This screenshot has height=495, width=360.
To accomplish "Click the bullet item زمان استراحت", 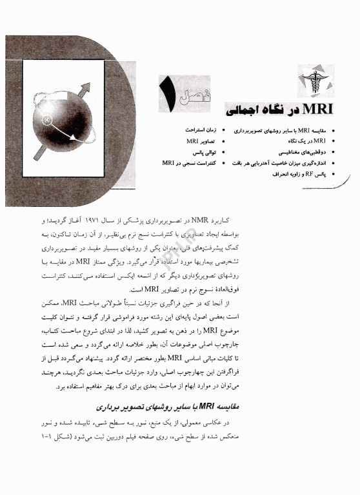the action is point(200,130).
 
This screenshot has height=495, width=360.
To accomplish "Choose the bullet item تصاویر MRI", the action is point(201,141).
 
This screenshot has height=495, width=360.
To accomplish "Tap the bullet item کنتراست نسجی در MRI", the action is point(188,163).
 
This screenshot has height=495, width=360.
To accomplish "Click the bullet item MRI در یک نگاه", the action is point(294,141).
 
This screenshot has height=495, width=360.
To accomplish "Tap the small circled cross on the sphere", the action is point(46,119).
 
